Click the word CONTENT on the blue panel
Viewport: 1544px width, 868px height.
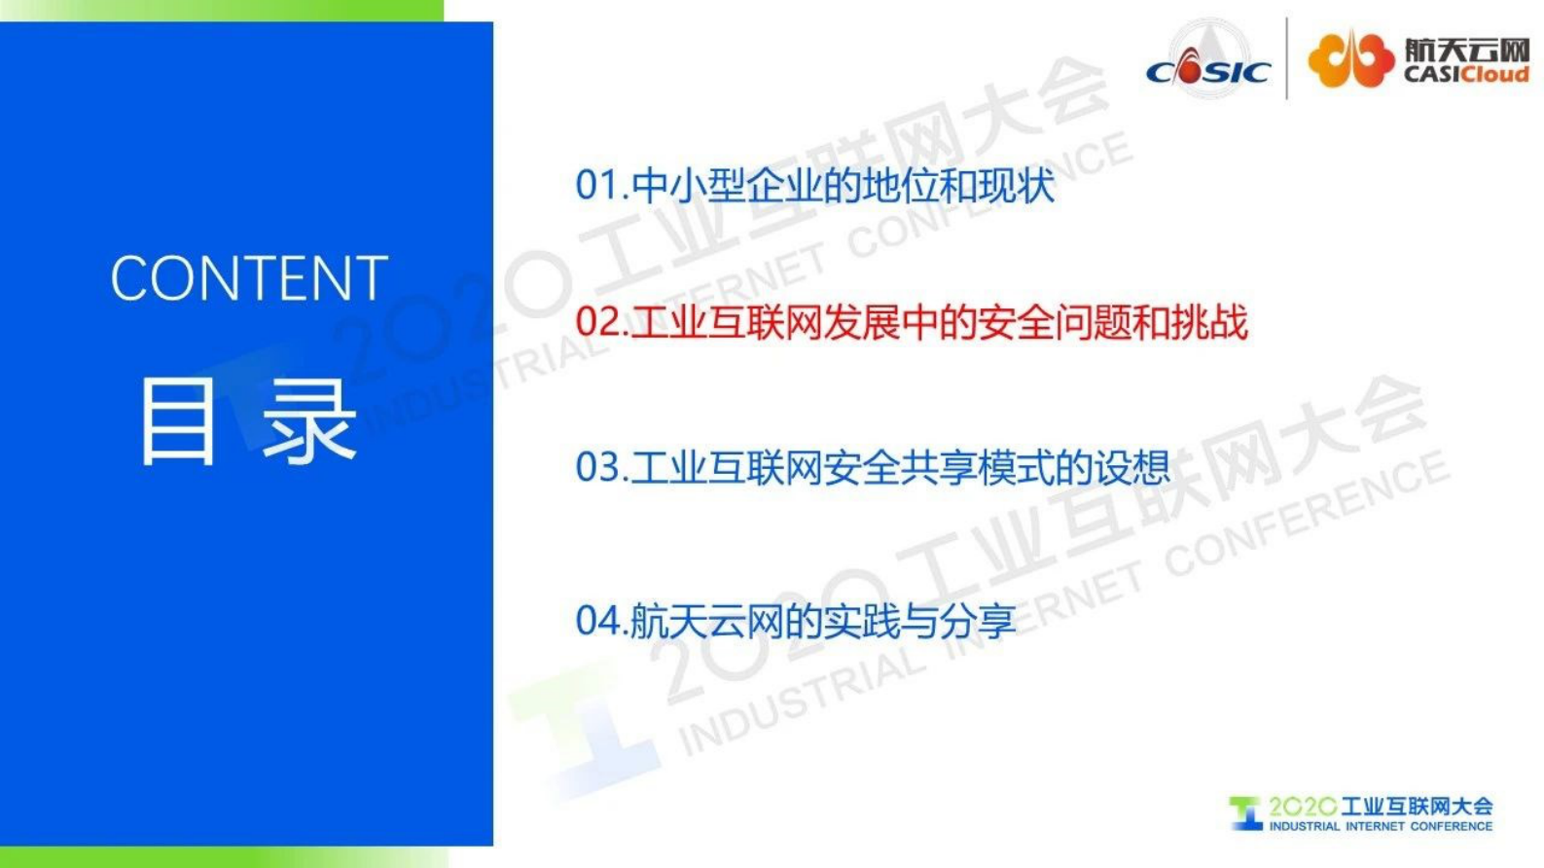tap(249, 279)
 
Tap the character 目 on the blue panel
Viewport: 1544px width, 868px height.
tap(177, 421)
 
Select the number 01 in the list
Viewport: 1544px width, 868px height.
tap(595, 185)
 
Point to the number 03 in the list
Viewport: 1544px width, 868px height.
tap(595, 468)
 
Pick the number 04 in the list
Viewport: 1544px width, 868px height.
tap(595, 621)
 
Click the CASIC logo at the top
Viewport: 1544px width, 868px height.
tap(1208, 60)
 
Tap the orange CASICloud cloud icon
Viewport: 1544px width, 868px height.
tap(1349, 58)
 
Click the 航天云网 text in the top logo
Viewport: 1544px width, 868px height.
tap(1466, 50)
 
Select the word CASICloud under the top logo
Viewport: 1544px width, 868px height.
tap(1466, 75)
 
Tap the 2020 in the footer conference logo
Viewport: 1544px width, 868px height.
tap(1302, 807)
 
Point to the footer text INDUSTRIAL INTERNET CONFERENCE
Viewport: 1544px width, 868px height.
tap(1380, 826)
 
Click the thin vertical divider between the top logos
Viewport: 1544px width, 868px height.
tap(1287, 58)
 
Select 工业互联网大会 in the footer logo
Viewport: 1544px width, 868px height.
tap(1417, 807)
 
